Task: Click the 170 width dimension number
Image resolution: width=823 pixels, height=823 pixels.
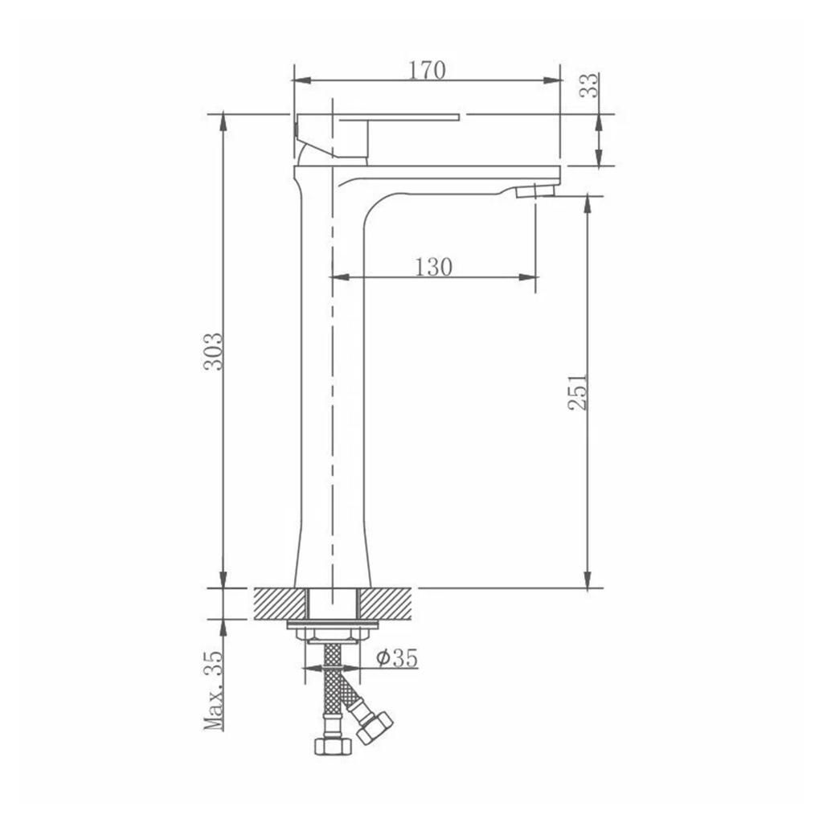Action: point(427,70)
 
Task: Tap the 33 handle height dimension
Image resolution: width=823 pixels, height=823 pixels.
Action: point(588,84)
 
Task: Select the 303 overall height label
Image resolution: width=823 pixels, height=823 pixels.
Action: point(214,351)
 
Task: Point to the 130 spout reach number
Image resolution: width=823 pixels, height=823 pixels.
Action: point(433,267)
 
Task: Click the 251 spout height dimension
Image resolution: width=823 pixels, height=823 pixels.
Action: point(578,391)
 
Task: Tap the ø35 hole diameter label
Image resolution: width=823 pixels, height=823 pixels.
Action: point(396,657)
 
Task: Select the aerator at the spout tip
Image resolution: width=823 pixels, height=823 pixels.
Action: point(537,190)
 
